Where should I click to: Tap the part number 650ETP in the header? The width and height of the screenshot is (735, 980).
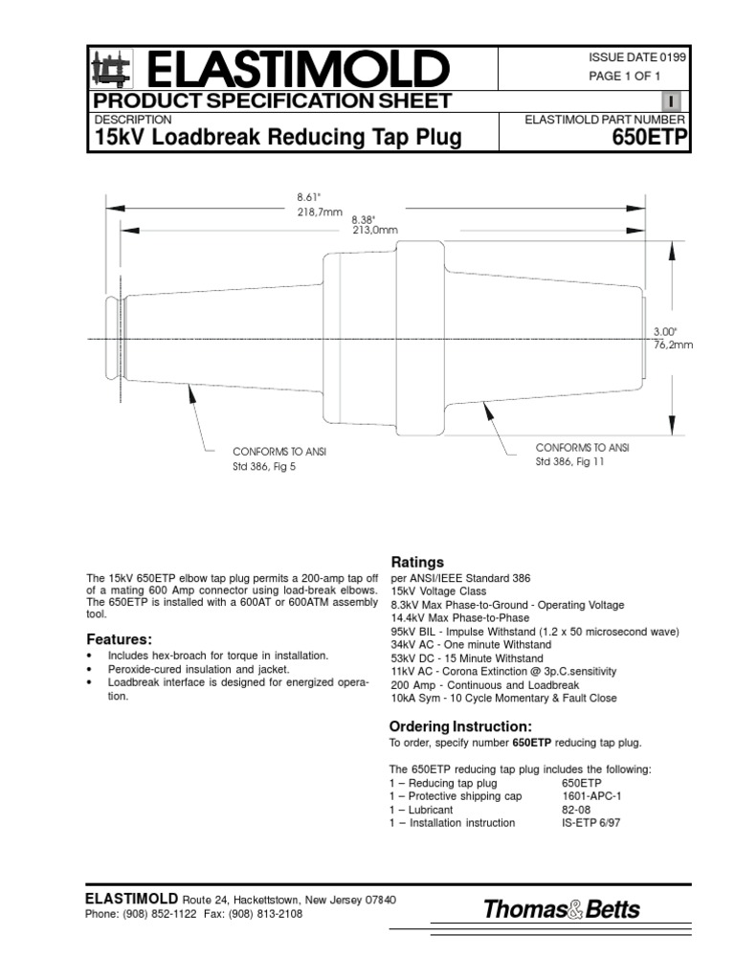point(651,139)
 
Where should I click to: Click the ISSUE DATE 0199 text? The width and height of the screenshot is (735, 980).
point(636,57)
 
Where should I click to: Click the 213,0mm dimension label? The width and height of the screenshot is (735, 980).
point(374,230)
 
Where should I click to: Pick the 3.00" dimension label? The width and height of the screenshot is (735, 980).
point(664,330)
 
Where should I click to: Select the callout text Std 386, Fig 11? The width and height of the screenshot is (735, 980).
point(570,461)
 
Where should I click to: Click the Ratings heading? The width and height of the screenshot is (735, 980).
point(416,562)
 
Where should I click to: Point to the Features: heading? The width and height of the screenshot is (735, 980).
point(120,638)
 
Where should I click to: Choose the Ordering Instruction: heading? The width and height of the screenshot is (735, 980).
point(459,726)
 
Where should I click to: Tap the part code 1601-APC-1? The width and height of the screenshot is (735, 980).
point(591,796)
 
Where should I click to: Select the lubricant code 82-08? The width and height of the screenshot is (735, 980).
point(575,810)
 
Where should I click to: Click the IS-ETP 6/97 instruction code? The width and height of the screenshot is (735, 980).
point(591,823)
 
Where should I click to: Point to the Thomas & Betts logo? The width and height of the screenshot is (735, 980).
point(562,909)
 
